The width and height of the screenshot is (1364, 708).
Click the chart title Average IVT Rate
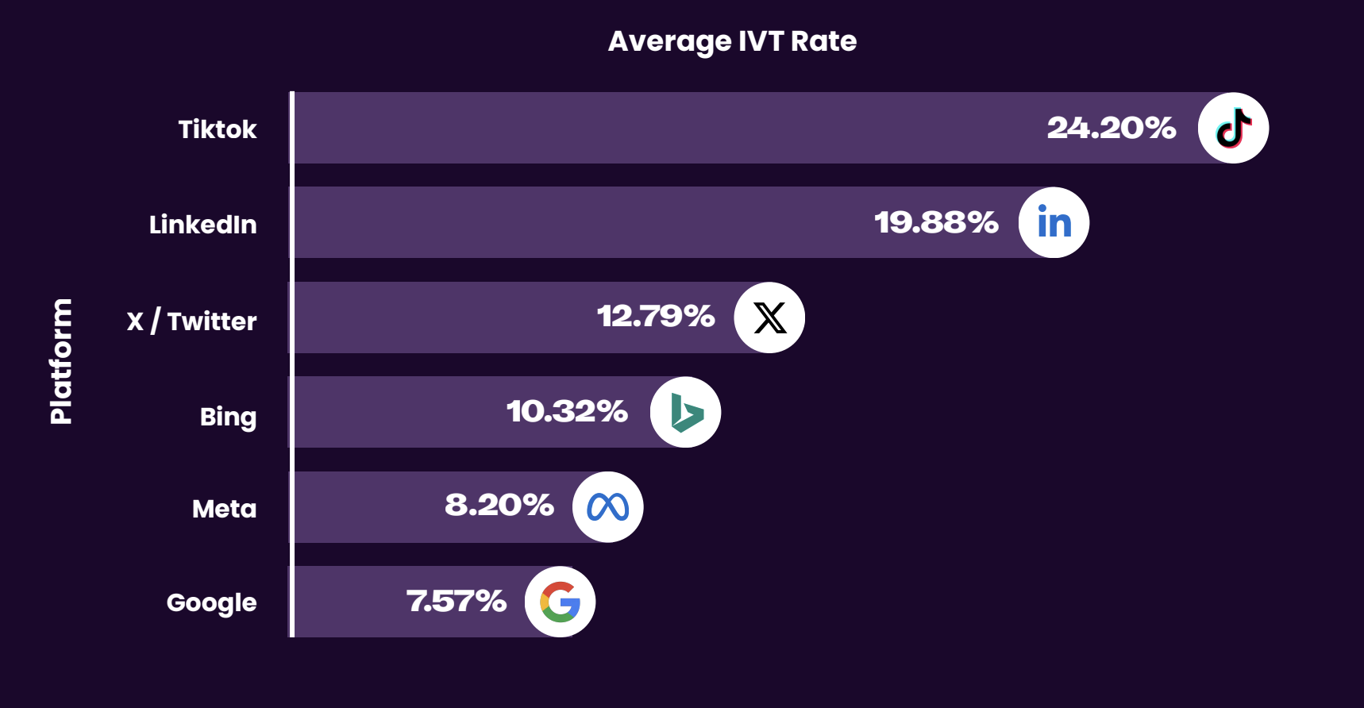click(x=732, y=41)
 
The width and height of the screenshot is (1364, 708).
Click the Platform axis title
click(x=61, y=361)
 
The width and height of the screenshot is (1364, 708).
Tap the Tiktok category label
click(x=217, y=129)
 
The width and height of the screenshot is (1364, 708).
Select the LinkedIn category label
click(x=202, y=225)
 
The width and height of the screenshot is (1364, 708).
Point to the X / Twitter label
click(x=191, y=321)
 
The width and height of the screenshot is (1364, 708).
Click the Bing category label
click(x=228, y=417)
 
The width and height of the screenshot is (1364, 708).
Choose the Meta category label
click(x=224, y=509)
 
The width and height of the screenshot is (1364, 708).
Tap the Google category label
click(x=211, y=603)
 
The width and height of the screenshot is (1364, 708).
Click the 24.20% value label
click(x=1111, y=128)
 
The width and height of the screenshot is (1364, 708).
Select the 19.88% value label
click(x=936, y=222)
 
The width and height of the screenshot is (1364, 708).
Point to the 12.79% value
click(x=656, y=316)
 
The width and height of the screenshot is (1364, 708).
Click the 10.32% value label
click(x=567, y=411)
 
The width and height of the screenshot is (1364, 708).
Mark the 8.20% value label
click(x=499, y=505)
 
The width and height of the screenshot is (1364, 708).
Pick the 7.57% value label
click(x=457, y=601)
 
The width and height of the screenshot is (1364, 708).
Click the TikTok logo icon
click(x=1233, y=128)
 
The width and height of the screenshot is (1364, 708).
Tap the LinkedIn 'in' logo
click(x=1054, y=222)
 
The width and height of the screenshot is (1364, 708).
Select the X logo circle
click(x=769, y=317)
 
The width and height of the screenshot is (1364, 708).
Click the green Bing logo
click(x=686, y=412)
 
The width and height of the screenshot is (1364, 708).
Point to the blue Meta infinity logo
click(x=608, y=507)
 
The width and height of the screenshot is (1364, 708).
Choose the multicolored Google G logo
click(x=561, y=602)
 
